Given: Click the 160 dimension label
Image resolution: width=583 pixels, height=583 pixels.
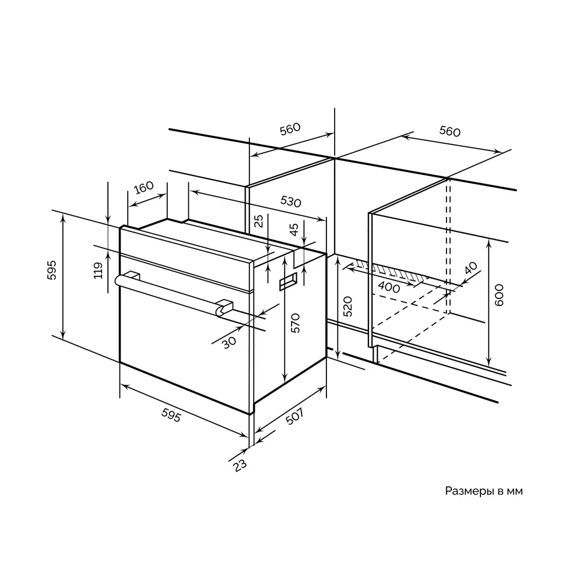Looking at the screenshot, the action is pos(144,188).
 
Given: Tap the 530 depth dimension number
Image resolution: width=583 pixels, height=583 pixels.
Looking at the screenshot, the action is pos(290,201).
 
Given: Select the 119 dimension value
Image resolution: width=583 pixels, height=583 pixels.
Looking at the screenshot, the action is pos(98,271).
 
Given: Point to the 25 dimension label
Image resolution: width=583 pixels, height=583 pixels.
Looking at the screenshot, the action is pos(259,221).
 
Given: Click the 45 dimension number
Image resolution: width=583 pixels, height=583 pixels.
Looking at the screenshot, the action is pos(294,229).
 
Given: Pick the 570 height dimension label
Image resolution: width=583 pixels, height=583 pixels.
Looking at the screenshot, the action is pos(295,323).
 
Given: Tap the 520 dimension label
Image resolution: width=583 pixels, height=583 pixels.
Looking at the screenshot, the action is pos(347,307).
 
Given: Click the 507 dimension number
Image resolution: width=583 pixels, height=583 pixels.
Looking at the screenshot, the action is pos(295,417).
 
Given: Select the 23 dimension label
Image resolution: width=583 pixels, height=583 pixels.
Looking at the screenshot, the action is pos(240,465).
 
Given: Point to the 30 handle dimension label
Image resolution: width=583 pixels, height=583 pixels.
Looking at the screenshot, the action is pos(229,342).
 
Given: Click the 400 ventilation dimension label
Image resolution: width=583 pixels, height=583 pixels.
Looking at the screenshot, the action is pos(389,287).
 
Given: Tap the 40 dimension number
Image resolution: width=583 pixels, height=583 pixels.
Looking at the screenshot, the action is pos(470,268).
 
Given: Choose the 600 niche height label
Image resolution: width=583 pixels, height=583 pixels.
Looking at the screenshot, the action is pos(499,295).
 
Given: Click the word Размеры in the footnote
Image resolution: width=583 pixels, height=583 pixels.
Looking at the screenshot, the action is pos(469,491).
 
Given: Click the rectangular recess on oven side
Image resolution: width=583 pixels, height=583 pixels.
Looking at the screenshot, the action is pos(289,281).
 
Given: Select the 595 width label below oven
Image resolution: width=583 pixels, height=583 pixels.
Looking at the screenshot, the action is pos(171,415).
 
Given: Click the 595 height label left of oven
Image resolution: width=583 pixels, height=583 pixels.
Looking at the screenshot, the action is pos(52,270).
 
